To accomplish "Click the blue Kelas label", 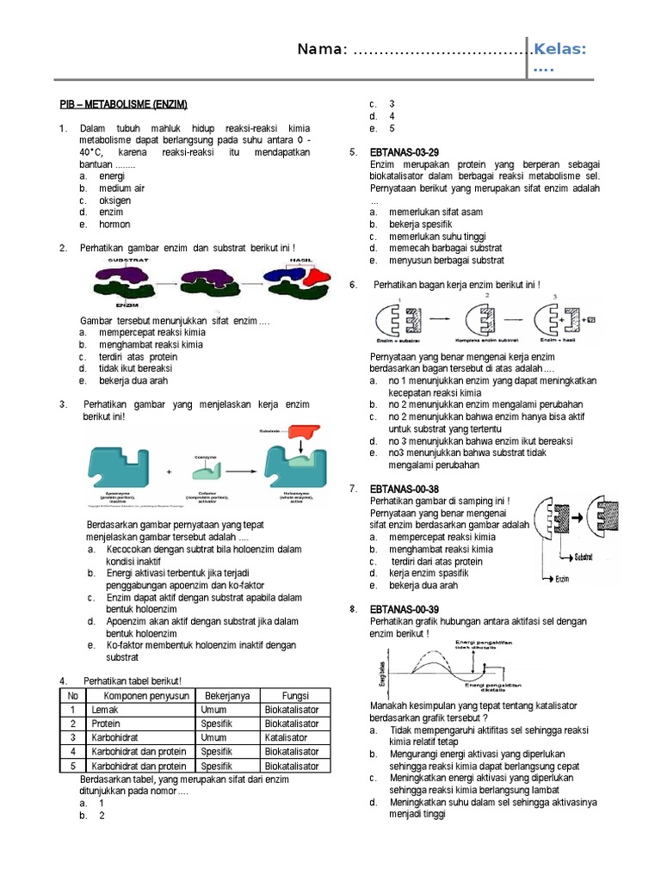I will pyautogui.click(x=559, y=50).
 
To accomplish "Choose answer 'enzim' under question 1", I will pyautogui.click(x=111, y=212).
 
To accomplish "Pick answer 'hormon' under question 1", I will pyautogui.click(x=114, y=225).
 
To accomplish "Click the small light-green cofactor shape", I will pyautogui.click(x=206, y=470).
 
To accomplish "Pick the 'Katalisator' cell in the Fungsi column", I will pyautogui.click(x=292, y=737).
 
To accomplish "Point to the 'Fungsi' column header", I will pyautogui.click(x=295, y=695).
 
